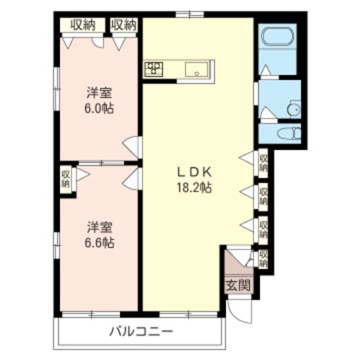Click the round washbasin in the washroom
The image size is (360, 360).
(x=293, y=109)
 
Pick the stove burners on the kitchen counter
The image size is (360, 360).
(x=153, y=70)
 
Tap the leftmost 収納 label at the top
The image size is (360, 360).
(x=82, y=24)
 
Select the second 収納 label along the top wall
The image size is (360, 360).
(x=123, y=24)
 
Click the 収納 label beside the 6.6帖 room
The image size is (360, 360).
(x=66, y=178)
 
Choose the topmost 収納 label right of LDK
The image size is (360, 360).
(x=263, y=163)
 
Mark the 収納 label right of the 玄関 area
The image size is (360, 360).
(x=263, y=259)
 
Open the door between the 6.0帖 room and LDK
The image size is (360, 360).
(x=134, y=147)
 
